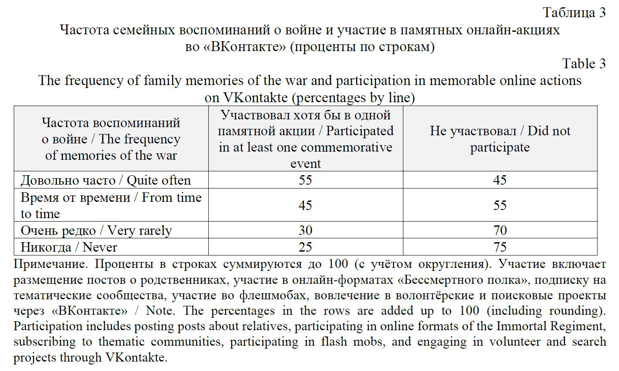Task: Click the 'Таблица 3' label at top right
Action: (x=574, y=12)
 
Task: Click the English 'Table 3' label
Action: (x=584, y=64)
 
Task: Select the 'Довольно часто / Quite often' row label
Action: (x=106, y=180)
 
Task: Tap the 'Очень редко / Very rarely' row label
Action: (x=96, y=231)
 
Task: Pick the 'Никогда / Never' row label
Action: (x=69, y=247)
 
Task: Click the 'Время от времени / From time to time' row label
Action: (x=111, y=205)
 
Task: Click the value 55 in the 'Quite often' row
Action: (x=305, y=180)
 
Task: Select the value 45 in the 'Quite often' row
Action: (x=500, y=180)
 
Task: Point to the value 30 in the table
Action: (x=305, y=231)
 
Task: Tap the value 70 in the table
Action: (x=500, y=231)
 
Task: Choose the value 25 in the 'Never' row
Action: (x=305, y=247)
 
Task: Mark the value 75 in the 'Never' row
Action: (x=500, y=247)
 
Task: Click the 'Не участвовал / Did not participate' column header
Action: (x=500, y=139)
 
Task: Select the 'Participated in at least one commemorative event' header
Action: (x=305, y=139)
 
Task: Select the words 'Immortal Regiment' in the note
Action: (x=551, y=326)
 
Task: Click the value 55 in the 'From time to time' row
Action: (x=500, y=205)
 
